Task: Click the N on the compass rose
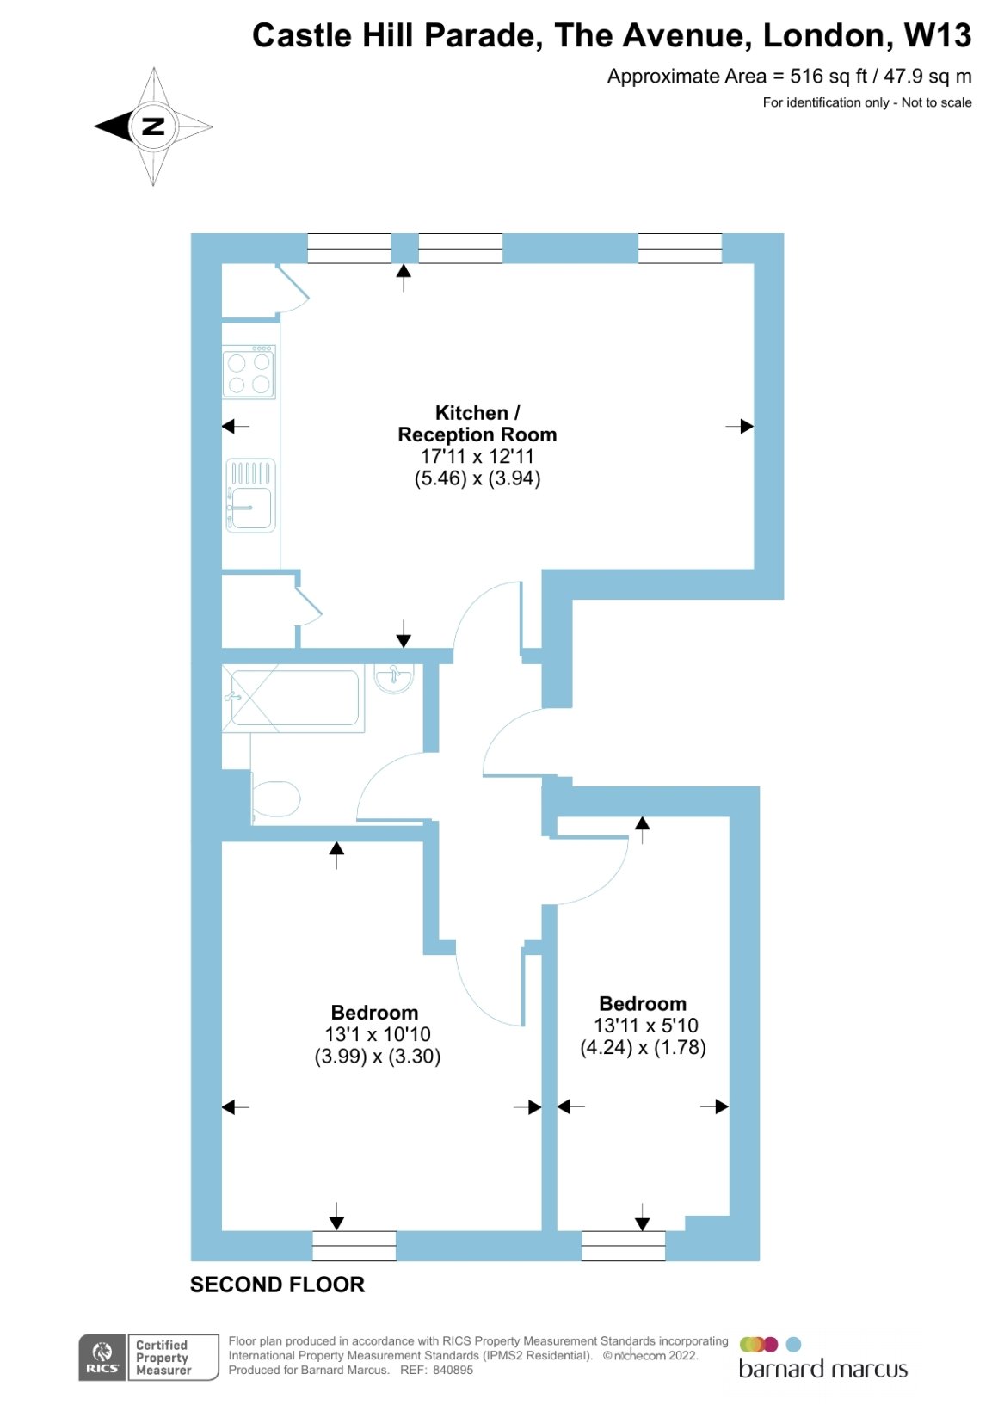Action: [x=153, y=126]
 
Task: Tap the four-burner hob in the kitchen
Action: [x=249, y=372]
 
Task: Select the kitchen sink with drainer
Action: [x=250, y=495]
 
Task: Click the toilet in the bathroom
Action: [x=275, y=798]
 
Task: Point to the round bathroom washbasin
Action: [x=394, y=678]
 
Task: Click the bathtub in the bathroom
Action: [x=293, y=697]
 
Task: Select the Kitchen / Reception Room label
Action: [x=477, y=423]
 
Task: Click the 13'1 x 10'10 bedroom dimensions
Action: [x=378, y=1033]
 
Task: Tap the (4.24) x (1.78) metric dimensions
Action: [x=643, y=1047]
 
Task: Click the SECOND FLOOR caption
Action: [x=277, y=1285]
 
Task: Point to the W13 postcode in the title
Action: [x=938, y=35]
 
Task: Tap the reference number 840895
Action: [x=453, y=1370]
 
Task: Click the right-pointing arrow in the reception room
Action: [x=740, y=427]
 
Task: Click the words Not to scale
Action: [x=936, y=102]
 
